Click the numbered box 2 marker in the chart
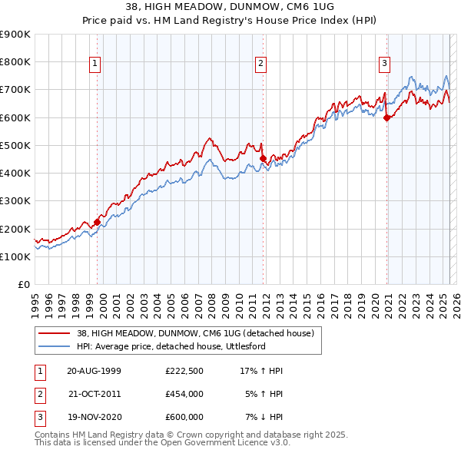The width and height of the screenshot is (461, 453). point(261,64)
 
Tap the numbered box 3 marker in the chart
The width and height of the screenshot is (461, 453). point(384,64)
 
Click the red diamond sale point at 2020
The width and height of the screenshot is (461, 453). point(386,117)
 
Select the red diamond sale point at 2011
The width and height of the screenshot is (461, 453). point(263,158)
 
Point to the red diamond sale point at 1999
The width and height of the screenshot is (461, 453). point(98,223)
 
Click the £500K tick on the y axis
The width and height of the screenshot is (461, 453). point(15,145)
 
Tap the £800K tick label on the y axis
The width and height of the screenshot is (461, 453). point(15,62)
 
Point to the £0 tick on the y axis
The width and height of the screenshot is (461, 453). point(23,284)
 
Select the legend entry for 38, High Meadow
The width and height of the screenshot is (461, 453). point(195,333)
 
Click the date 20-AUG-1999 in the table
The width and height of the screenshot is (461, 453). point(95,371)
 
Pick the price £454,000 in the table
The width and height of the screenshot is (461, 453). point(184,395)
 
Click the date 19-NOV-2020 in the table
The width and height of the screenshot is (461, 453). point(95,418)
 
